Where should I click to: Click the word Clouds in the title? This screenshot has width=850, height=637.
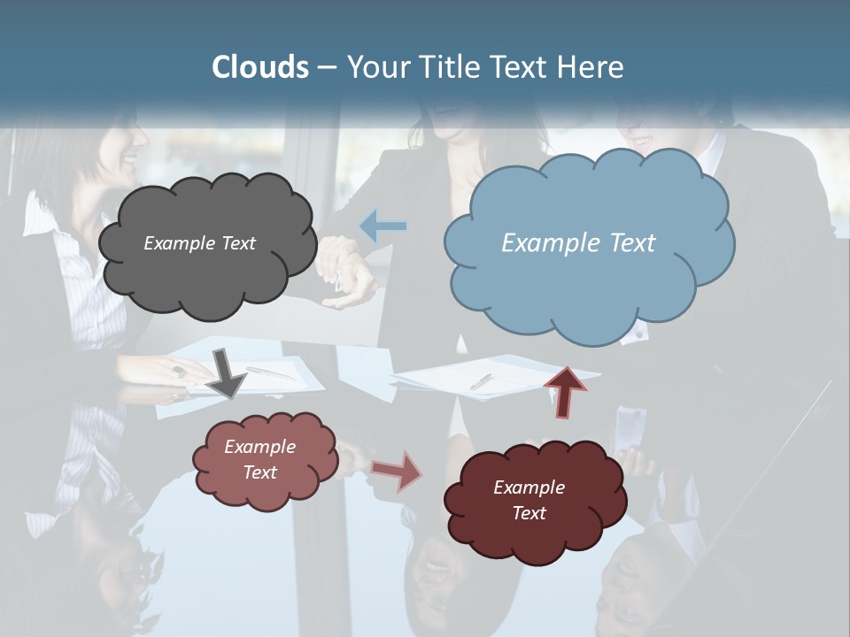point(260,67)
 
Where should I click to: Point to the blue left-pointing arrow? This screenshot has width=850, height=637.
point(383,226)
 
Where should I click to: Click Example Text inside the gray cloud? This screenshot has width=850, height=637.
point(199,243)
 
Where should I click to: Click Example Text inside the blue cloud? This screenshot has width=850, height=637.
point(578,243)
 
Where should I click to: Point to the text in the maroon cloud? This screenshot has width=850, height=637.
point(529,500)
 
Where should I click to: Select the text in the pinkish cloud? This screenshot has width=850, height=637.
point(259,459)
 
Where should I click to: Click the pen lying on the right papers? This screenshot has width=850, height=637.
point(481,380)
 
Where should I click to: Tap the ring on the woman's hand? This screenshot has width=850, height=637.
point(178,372)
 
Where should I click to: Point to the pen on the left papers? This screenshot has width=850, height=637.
point(270,373)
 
